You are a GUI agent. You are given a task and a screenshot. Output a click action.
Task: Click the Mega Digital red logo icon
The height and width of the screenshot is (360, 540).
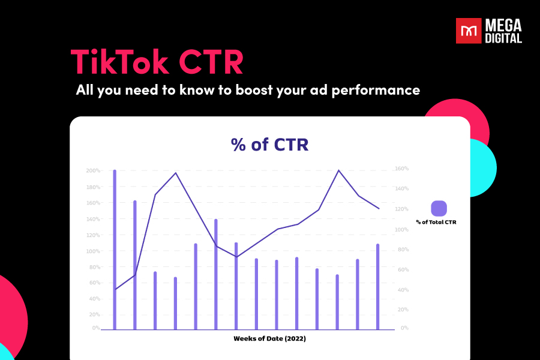pos(469,31)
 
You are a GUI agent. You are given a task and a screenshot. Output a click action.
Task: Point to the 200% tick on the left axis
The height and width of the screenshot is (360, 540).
pos(93,171)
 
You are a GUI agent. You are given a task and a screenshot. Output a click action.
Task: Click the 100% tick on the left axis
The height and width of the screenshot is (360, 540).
pos(93,251)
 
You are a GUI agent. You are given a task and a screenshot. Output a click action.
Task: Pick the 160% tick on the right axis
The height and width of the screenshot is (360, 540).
pos(401,169)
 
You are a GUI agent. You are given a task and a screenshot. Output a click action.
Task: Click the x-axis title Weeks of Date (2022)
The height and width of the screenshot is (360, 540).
pos(269,338)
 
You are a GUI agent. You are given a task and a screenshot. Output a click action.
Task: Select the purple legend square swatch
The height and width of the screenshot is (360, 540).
pos(439,208)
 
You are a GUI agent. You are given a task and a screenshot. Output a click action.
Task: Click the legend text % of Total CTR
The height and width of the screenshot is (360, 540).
pos(440,222)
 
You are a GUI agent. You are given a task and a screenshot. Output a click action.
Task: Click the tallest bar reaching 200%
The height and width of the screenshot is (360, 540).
pos(115,249)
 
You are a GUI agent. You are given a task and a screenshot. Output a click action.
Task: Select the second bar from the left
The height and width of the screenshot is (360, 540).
pos(135,264)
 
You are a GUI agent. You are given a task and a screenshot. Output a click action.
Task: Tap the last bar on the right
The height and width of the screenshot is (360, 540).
pos(378,287)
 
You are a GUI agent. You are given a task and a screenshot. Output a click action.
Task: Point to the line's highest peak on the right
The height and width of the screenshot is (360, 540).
pos(338,170)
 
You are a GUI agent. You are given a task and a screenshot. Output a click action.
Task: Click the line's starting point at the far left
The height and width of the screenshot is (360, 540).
pos(115,289)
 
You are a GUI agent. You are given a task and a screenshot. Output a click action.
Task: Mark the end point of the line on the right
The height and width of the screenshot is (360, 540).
pos(379,208)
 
